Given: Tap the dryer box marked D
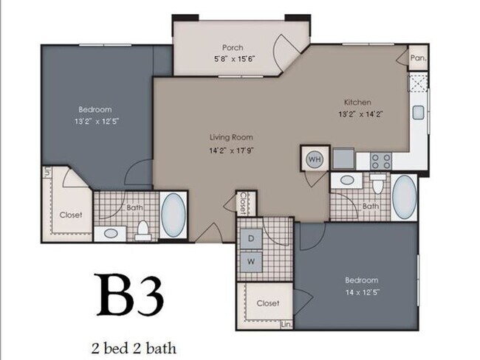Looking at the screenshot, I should click(251, 239).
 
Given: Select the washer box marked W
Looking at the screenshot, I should click(251, 260).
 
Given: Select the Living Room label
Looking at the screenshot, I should click(231, 137).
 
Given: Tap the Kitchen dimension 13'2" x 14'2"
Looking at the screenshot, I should click(360, 114).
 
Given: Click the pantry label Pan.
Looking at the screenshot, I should click(417, 58).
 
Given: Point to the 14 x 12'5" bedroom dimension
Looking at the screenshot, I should click(361, 292).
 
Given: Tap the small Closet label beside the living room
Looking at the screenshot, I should click(243, 201).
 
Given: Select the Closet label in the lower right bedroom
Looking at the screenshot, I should click(267, 303).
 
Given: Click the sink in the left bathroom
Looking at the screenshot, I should click(111, 232).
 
